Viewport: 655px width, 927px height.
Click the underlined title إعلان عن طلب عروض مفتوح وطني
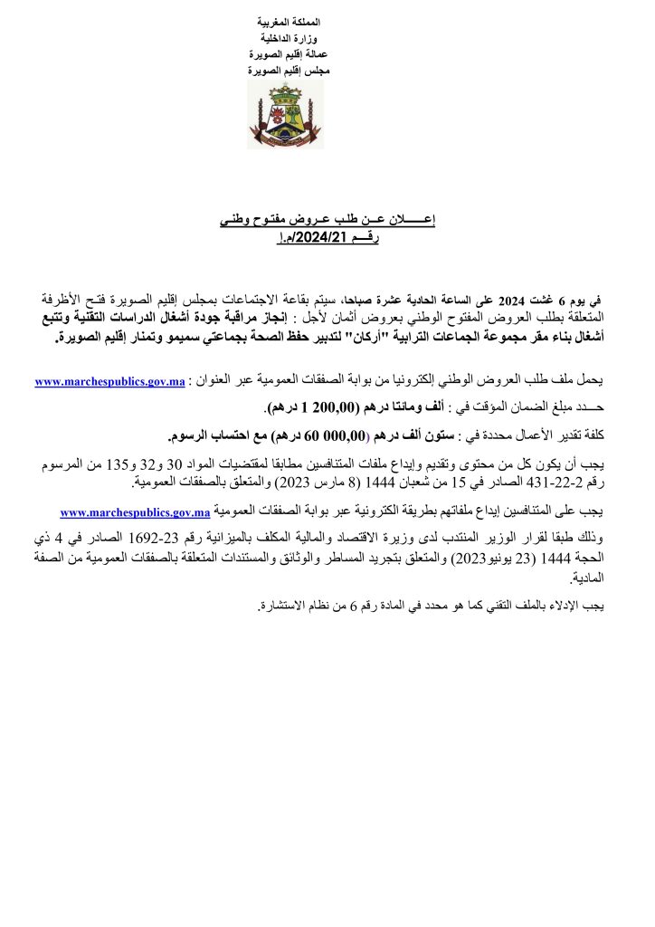point(328,220)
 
